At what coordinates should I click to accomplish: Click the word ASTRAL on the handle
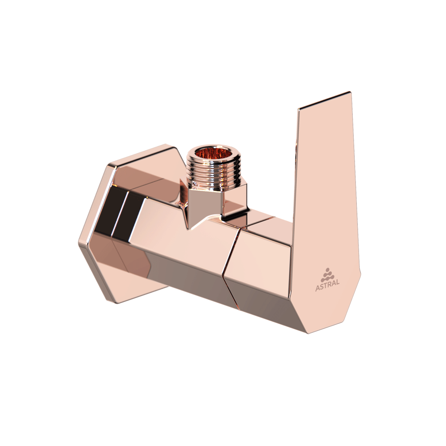point(327,288)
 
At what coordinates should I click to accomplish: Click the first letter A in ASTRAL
point(318,288)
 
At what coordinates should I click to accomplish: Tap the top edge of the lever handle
point(325,100)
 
